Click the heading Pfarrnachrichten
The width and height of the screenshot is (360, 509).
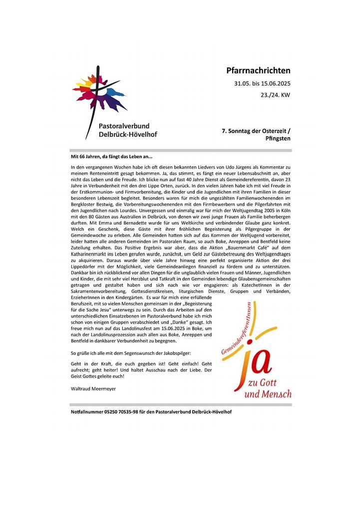(x=258, y=71)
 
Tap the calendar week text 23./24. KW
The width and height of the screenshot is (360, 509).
(x=276, y=95)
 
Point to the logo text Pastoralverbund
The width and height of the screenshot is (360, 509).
(x=124, y=126)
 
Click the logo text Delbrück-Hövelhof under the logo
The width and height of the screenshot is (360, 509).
(x=128, y=135)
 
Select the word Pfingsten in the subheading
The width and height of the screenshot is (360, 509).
(x=278, y=138)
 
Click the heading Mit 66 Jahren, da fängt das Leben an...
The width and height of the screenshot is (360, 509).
(x=111, y=157)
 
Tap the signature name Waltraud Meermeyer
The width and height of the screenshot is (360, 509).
(x=93, y=388)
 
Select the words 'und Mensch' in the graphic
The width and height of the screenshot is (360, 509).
(x=269, y=394)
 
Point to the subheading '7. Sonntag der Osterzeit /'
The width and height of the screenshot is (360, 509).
(x=256, y=131)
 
